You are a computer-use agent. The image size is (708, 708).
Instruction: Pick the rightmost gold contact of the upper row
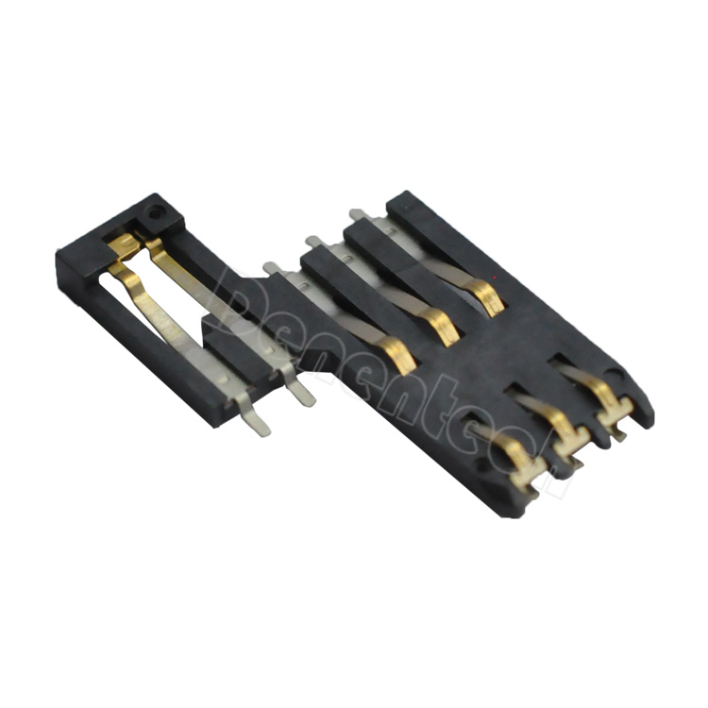(x=488, y=297)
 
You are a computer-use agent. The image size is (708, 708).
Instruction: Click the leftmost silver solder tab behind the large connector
(x=272, y=270)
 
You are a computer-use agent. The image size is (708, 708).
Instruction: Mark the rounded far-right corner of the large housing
(x=646, y=411)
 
